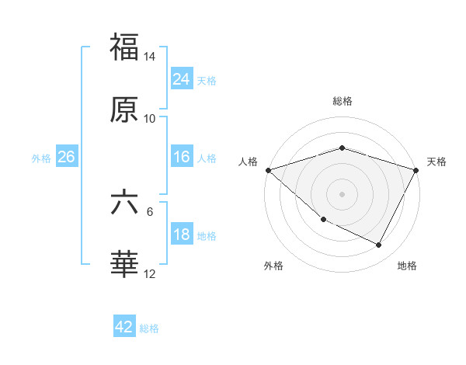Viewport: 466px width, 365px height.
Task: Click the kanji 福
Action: click(x=124, y=47)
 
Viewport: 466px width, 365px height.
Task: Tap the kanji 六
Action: click(x=124, y=203)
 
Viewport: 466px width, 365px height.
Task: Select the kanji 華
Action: click(x=124, y=265)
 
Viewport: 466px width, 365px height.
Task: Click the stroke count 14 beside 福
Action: click(x=150, y=57)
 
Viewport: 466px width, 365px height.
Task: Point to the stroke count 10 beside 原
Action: click(x=150, y=119)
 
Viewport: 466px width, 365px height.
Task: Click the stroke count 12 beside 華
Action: click(x=150, y=274)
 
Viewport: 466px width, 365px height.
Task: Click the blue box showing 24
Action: click(x=182, y=79)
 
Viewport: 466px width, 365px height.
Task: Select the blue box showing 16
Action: click(x=182, y=157)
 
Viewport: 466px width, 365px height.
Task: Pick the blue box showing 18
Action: click(x=182, y=235)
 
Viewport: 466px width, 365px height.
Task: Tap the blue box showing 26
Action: click(x=66, y=157)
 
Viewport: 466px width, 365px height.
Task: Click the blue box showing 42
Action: click(x=124, y=327)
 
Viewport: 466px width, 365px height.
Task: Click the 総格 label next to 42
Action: click(x=149, y=328)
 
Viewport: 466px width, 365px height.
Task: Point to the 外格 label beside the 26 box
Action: click(x=41, y=158)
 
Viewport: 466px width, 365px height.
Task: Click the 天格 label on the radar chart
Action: click(x=437, y=162)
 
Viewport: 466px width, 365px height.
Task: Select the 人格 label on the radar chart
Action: click(x=249, y=162)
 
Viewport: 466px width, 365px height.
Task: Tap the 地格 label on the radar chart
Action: click(x=407, y=266)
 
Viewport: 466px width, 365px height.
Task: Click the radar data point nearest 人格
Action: click(x=268, y=169)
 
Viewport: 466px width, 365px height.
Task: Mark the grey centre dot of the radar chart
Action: click(x=342, y=194)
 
